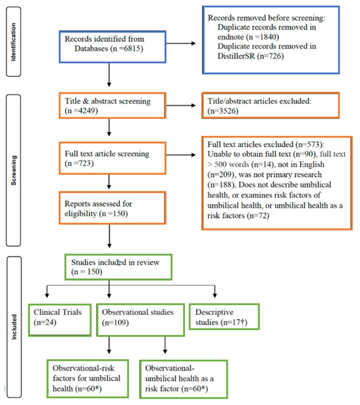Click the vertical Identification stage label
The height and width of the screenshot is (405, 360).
pyautogui.click(x=13, y=42)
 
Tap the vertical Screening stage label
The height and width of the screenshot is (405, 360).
pyautogui.click(x=13, y=170)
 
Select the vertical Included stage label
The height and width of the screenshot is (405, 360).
pyautogui.click(x=13, y=327)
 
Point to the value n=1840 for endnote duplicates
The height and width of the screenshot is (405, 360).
pyautogui.click(x=263, y=37)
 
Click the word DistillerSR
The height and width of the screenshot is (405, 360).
pyautogui.click(x=236, y=56)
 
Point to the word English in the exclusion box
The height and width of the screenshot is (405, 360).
pyautogui.click(x=312, y=165)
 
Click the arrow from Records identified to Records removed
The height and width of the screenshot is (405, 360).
pyautogui.click(x=181, y=43)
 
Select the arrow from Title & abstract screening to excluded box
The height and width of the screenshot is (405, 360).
pyautogui.click(x=181, y=105)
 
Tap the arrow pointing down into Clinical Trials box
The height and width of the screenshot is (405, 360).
pyautogui.click(x=47, y=291)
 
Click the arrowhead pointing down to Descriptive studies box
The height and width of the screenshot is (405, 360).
pyautogui.click(x=214, y=295)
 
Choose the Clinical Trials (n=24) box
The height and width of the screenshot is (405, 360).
pyautogui.click(x=60, y=320)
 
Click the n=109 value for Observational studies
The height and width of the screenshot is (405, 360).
pyautogui.click(x=115, y=323)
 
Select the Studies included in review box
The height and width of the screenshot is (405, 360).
pyautogui.click(x=118, y=267)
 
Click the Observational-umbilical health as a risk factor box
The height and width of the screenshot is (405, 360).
pyautogui.click(x=183, y=379)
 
